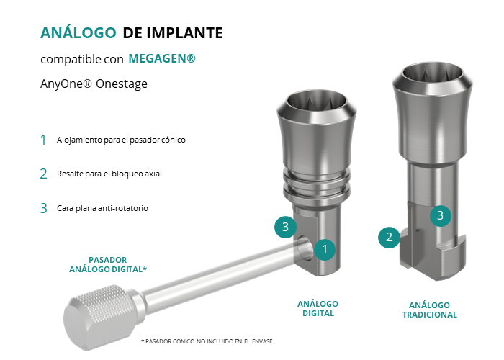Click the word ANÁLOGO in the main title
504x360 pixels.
[x=78, y=33]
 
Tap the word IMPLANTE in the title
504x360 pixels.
[x=185, y=33]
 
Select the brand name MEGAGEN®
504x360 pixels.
[x=162, y=58]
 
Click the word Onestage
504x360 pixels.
[x=122, y=84]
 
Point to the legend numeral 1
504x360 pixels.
[x=43, y=140]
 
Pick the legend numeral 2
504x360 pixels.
[x=43, y=174]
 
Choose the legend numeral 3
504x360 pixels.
[x=43, y=208]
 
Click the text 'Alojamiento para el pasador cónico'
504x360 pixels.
[x=121, y=140]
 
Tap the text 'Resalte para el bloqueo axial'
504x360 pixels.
[x=109, y=174]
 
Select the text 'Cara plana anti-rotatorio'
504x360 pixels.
[x=102, y=208]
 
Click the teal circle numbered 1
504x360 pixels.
[x=325, y=249]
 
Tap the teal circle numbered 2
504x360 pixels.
[x=389, y=237]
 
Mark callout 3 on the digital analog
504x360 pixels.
[x=285, y=227]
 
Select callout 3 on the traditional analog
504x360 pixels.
[x=441, y=215]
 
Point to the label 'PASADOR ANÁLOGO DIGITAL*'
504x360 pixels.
[x=108, y=264]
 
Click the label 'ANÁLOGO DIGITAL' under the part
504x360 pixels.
[x=318, y=309]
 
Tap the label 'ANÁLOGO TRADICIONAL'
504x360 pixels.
[x=429, y=310]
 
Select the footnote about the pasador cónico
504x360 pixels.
[x=207, y=341]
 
